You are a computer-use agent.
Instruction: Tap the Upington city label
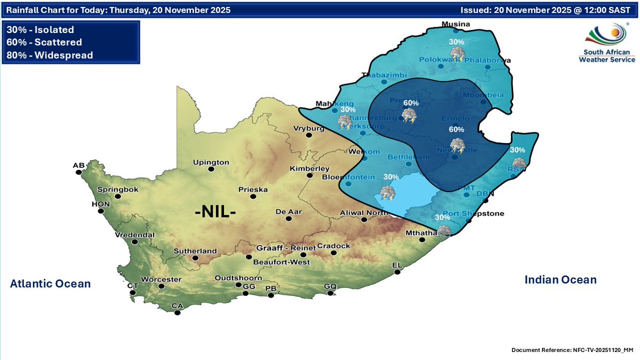coord(211,162)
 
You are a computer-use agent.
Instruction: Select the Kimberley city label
coord(306,168)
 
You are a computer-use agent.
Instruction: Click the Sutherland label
coord(196,251)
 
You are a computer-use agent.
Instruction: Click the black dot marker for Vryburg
coord(308,135)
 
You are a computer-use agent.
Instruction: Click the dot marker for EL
coord(397,272)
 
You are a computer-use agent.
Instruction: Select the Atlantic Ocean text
coord(50,284)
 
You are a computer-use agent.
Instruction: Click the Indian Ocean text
coord(560,279)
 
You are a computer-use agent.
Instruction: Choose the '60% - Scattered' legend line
coord(45,42)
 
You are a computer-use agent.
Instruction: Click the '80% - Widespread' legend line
coord(50,55)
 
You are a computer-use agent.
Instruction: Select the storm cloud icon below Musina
coord(457,53)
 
